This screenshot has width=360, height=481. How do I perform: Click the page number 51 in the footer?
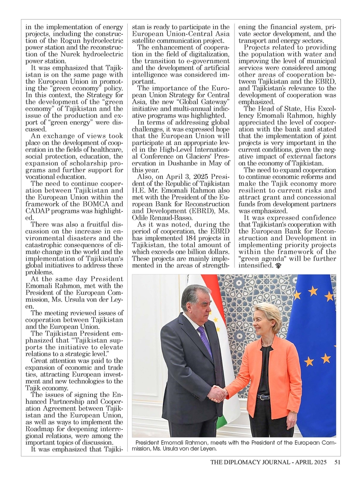tap(337, 462)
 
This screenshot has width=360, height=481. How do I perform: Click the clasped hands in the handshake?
tap(217, 393)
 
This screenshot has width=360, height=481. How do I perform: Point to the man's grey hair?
tap(195, 293)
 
